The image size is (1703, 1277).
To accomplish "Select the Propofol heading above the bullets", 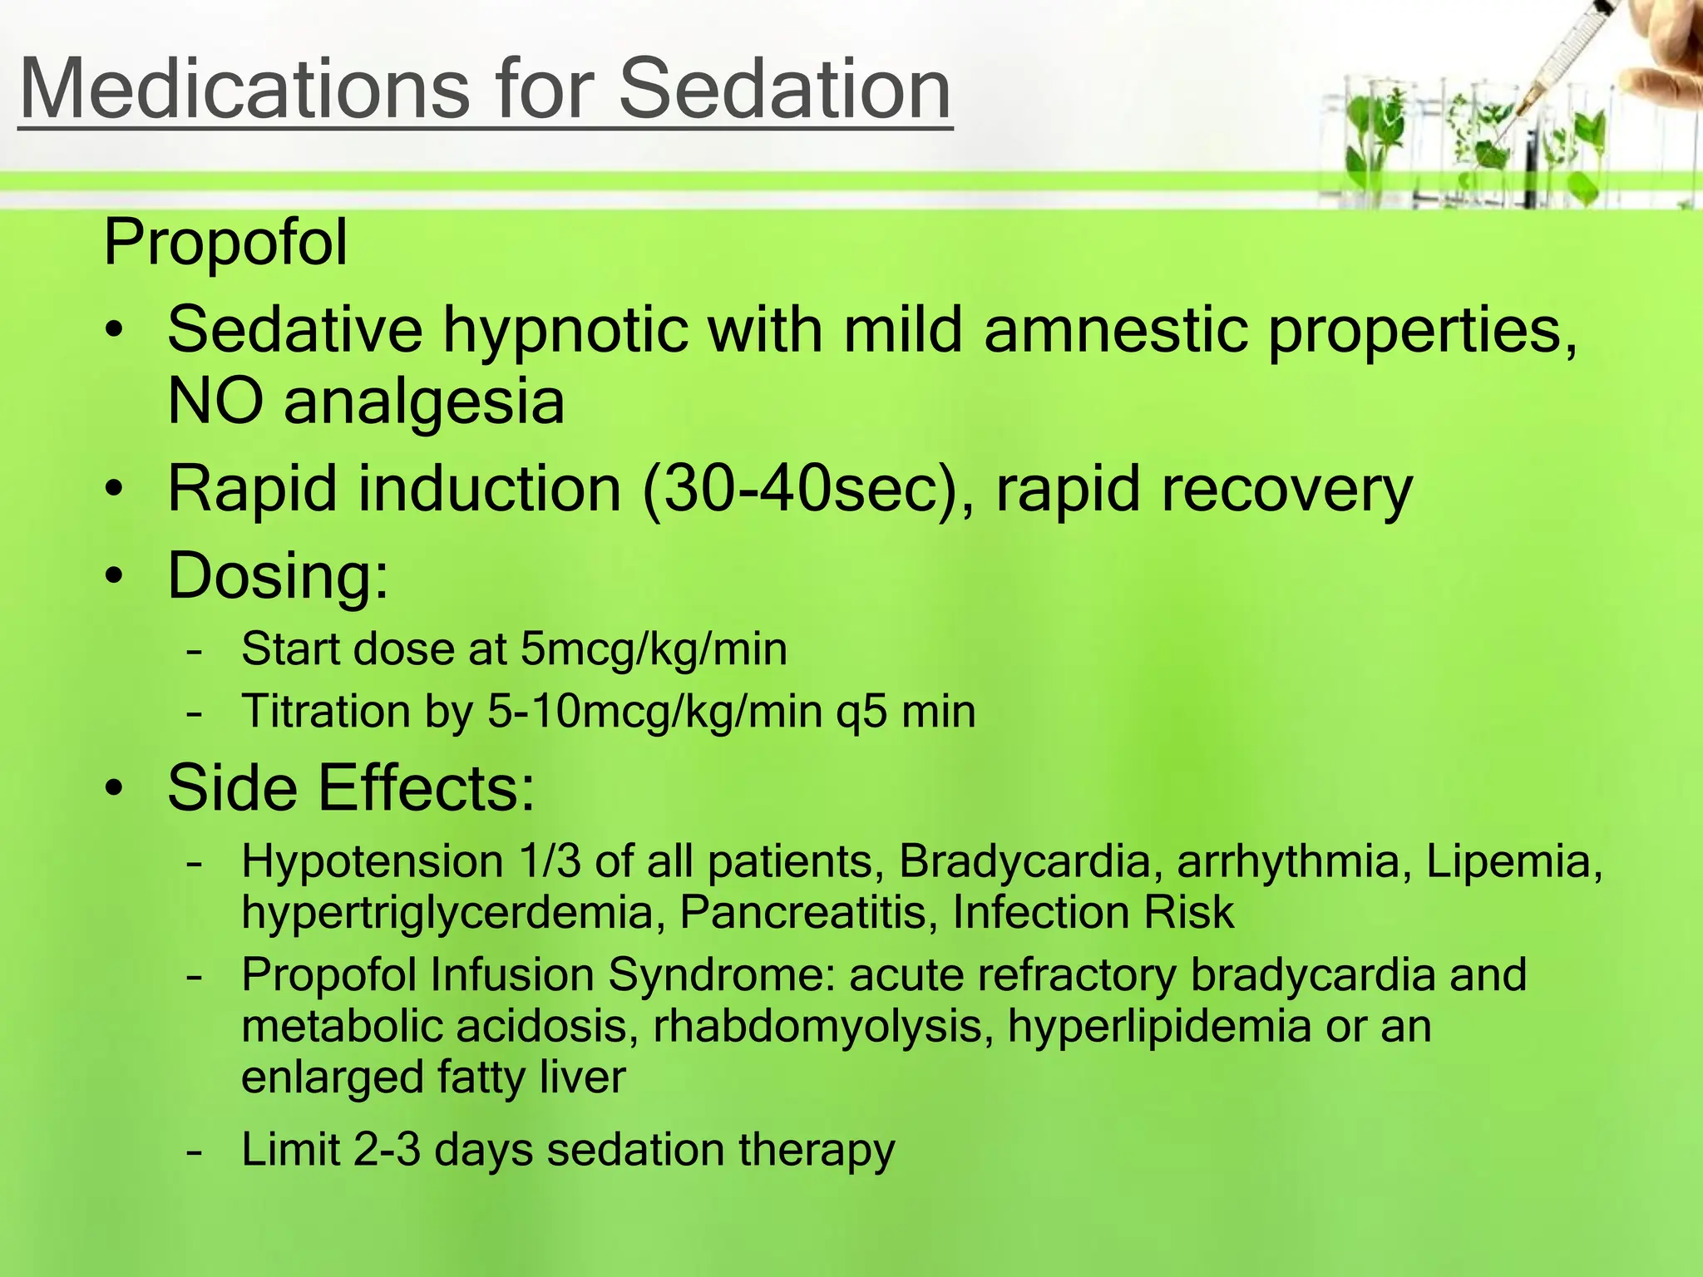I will coord(225,242).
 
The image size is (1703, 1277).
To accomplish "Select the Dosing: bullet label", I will coord(278,575).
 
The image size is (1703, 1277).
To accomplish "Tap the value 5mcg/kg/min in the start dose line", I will coord(654,649).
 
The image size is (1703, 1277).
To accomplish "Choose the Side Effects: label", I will coord(351,787).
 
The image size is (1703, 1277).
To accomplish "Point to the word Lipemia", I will coord(1513,861).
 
